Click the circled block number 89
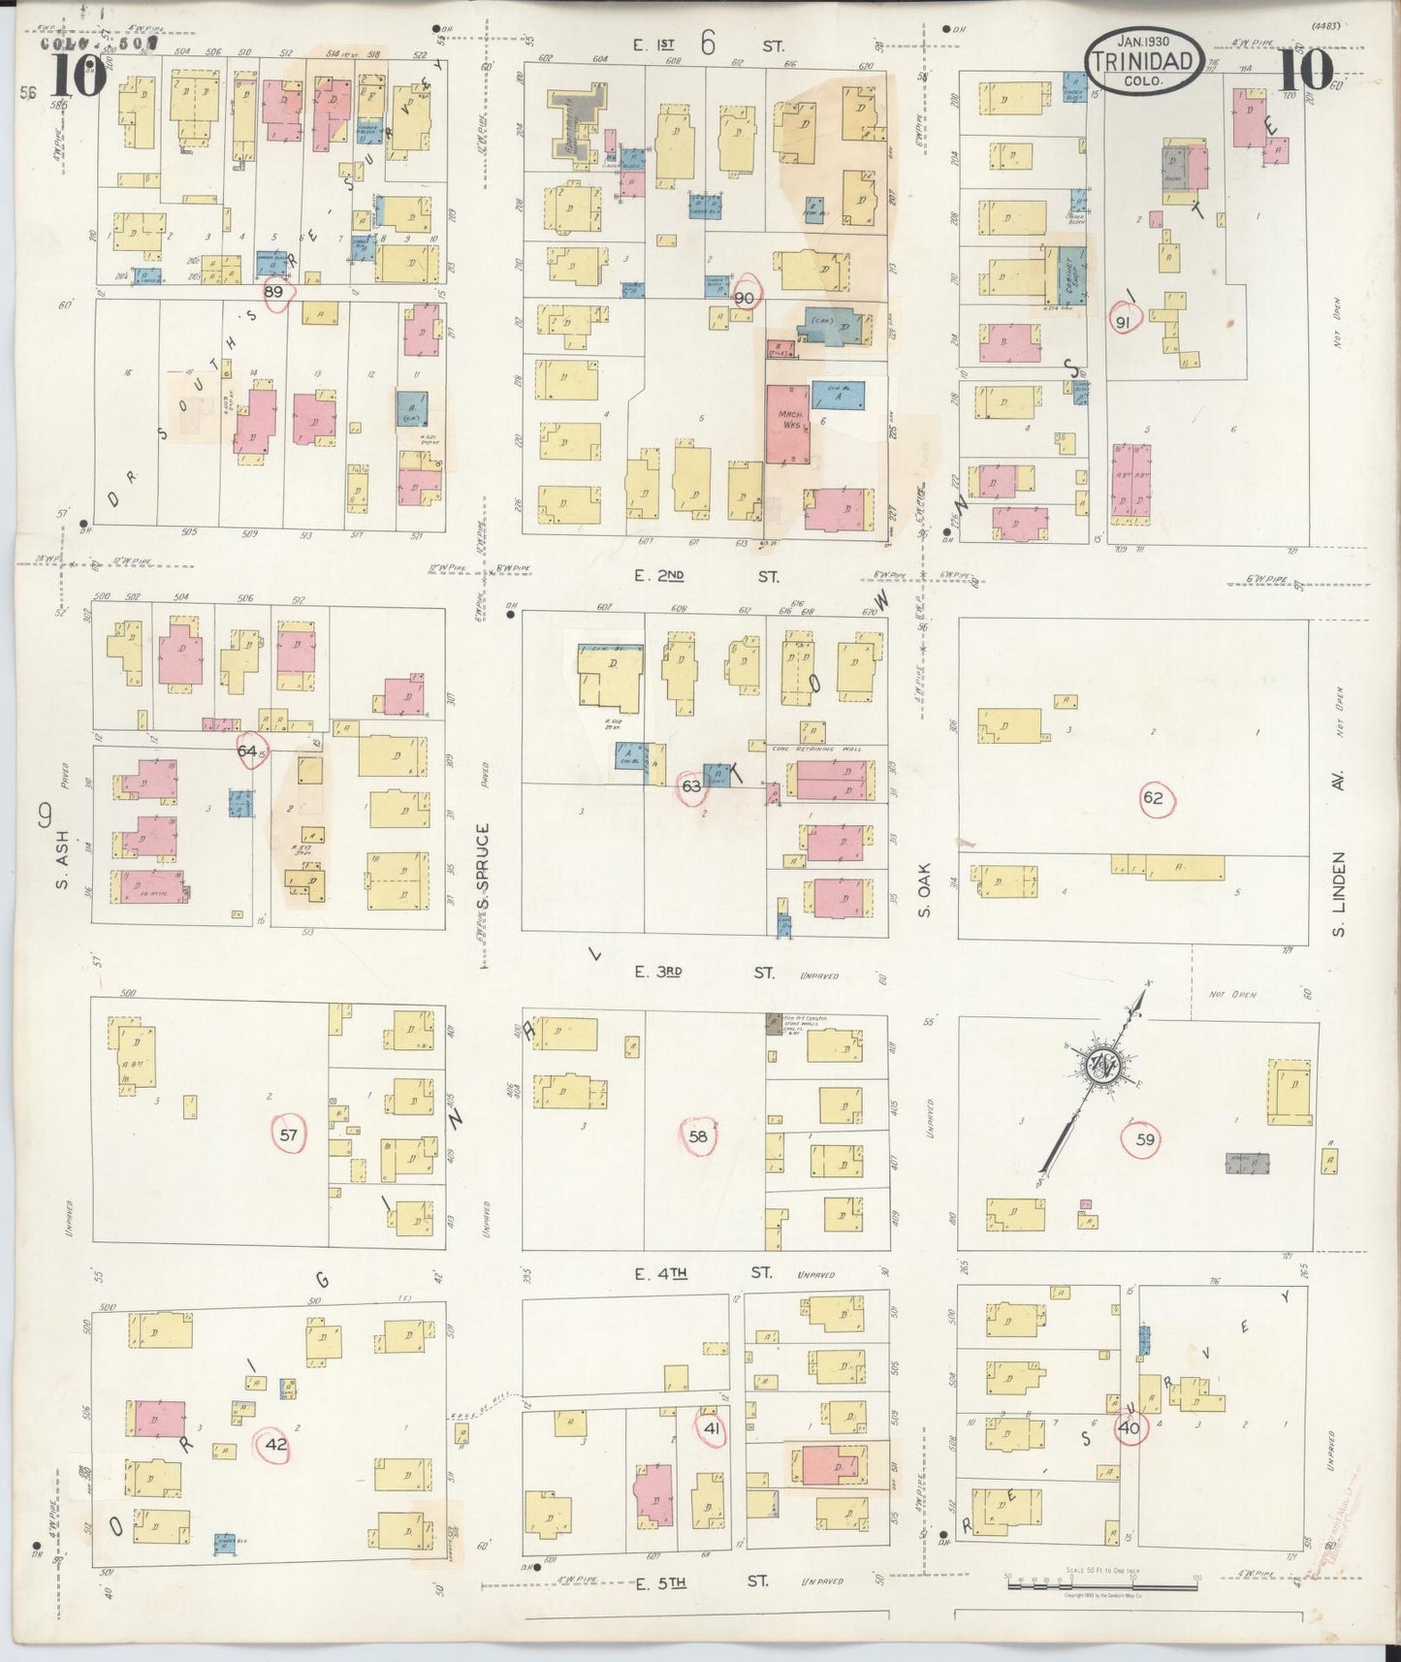274,293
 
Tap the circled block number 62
1153,799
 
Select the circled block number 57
288,1135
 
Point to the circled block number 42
276,1445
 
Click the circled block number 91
1123,324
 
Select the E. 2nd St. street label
706,576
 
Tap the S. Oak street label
924,890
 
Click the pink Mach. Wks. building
786,424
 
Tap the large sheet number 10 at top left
73,76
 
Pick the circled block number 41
711,1428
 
